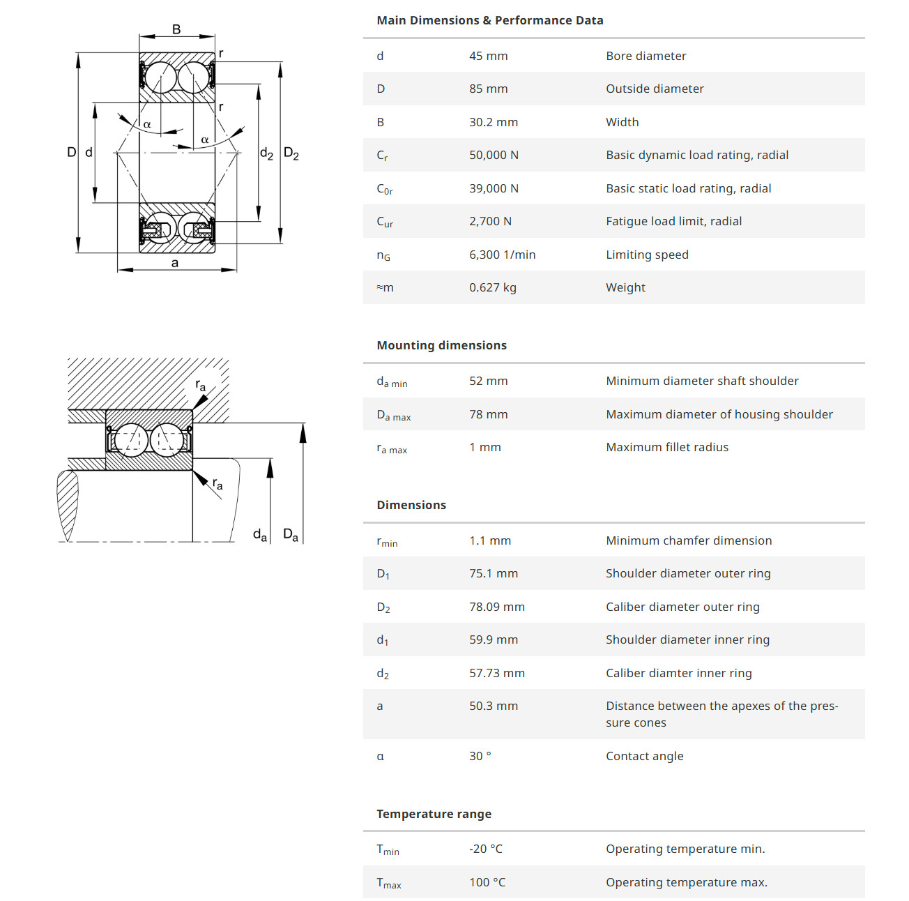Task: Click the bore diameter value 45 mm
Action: pyautogui.click(x=488, y=56)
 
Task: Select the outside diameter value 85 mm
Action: pyautogui.click(x=488, y=89)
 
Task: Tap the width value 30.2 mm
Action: pyautogui.click(x=493, y=122)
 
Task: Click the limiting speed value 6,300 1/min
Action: pyautogui.click(x=502, y=255)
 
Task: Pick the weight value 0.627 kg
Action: pyautogui.click(x=492, y=287)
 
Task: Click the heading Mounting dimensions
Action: pyautogui.click(x=441, y=345)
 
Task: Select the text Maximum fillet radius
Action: pyautogui.click(x=666, y=447)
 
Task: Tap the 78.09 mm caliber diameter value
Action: pyautogui.click(x=496, y=607)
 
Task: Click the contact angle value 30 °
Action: pyautogui.click(x=480, y=756)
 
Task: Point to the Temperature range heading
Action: pyautogui.click(x=434, y=814)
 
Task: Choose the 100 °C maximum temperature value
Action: pyautogui.click(x=487, y=882)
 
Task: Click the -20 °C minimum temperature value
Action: pyautogui.click(x=485, y=849)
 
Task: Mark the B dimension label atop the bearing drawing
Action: pyautogui.click(x=176, y=29)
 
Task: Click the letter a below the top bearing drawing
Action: pyautogui.click(x=175, y=263)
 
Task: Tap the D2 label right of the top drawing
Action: pyautogui.click(x=291, y=154)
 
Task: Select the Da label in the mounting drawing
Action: pyautogui.click(x=291, y=535)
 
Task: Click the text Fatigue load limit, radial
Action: pyautogui.click(x=673, y=221)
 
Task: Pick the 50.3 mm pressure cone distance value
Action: pyautogui.click(x=493, y=706)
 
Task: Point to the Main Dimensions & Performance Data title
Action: pyautogui.click(x=489, y=20)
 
